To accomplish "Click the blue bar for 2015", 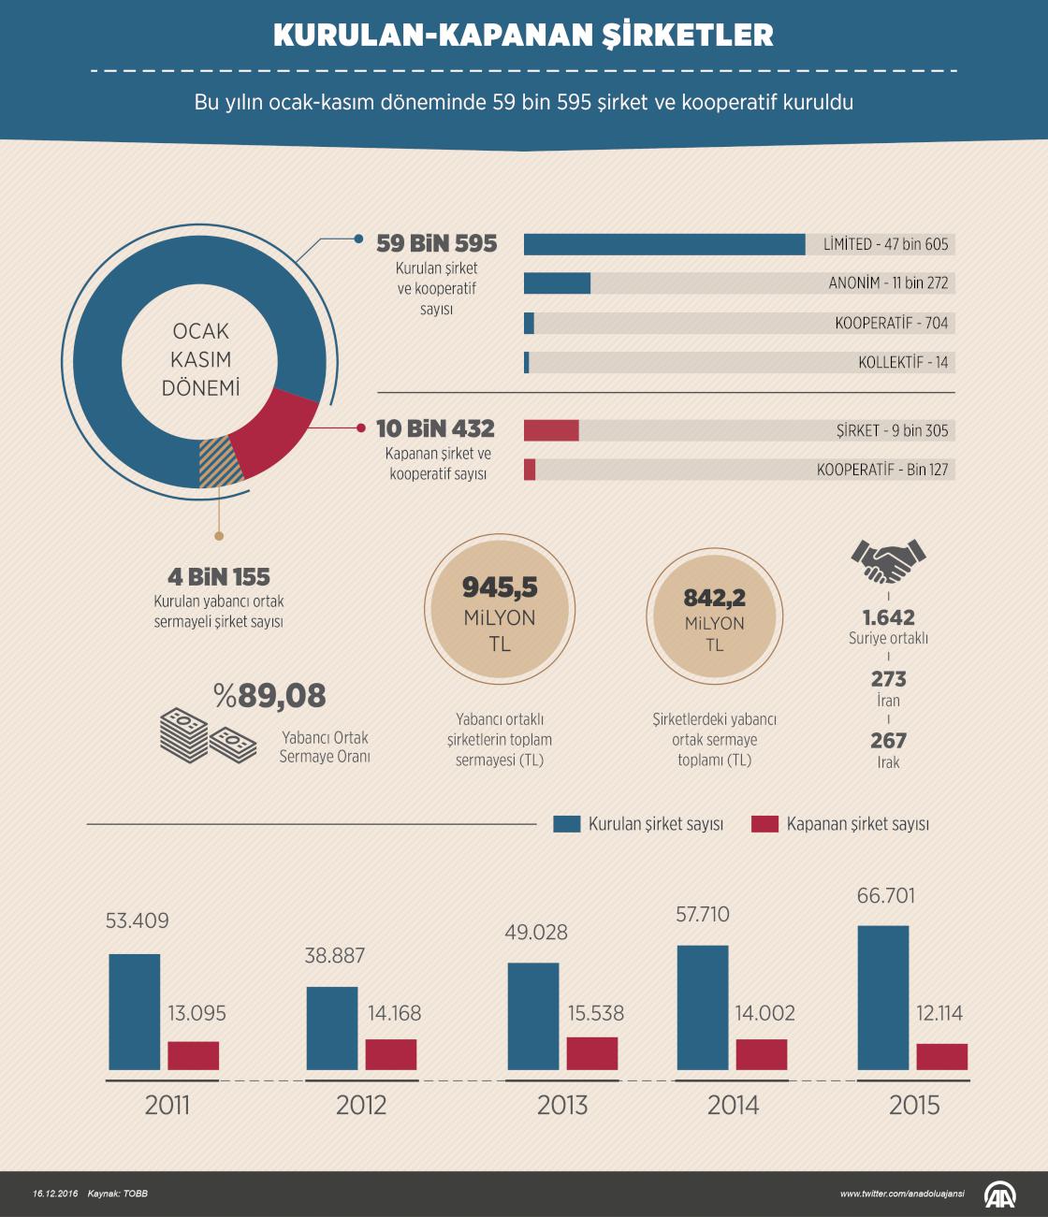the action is pos(883,997).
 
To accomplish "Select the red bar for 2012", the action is pos(390,1054).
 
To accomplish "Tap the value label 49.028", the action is pos(536,932).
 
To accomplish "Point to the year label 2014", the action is pos(733,1105).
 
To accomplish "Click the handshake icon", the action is pos(888,561).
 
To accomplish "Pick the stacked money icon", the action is pos(208,735).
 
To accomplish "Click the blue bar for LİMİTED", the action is pos(664,244).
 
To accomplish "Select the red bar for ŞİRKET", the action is pos(551,430).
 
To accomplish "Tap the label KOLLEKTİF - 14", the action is pos(903,362).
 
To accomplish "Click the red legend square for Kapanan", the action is pos(764,824).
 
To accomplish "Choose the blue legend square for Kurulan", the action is pos(567,824).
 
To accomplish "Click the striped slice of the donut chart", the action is pos(219,463).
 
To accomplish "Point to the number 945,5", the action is pos(500,587).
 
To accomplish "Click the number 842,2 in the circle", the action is pos(715,598).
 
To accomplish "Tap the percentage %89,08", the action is pos(269,695).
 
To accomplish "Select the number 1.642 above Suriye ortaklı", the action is pos(888,617).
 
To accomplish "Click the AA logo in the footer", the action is pos(999,1195).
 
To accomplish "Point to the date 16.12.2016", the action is pos(55,1194).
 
